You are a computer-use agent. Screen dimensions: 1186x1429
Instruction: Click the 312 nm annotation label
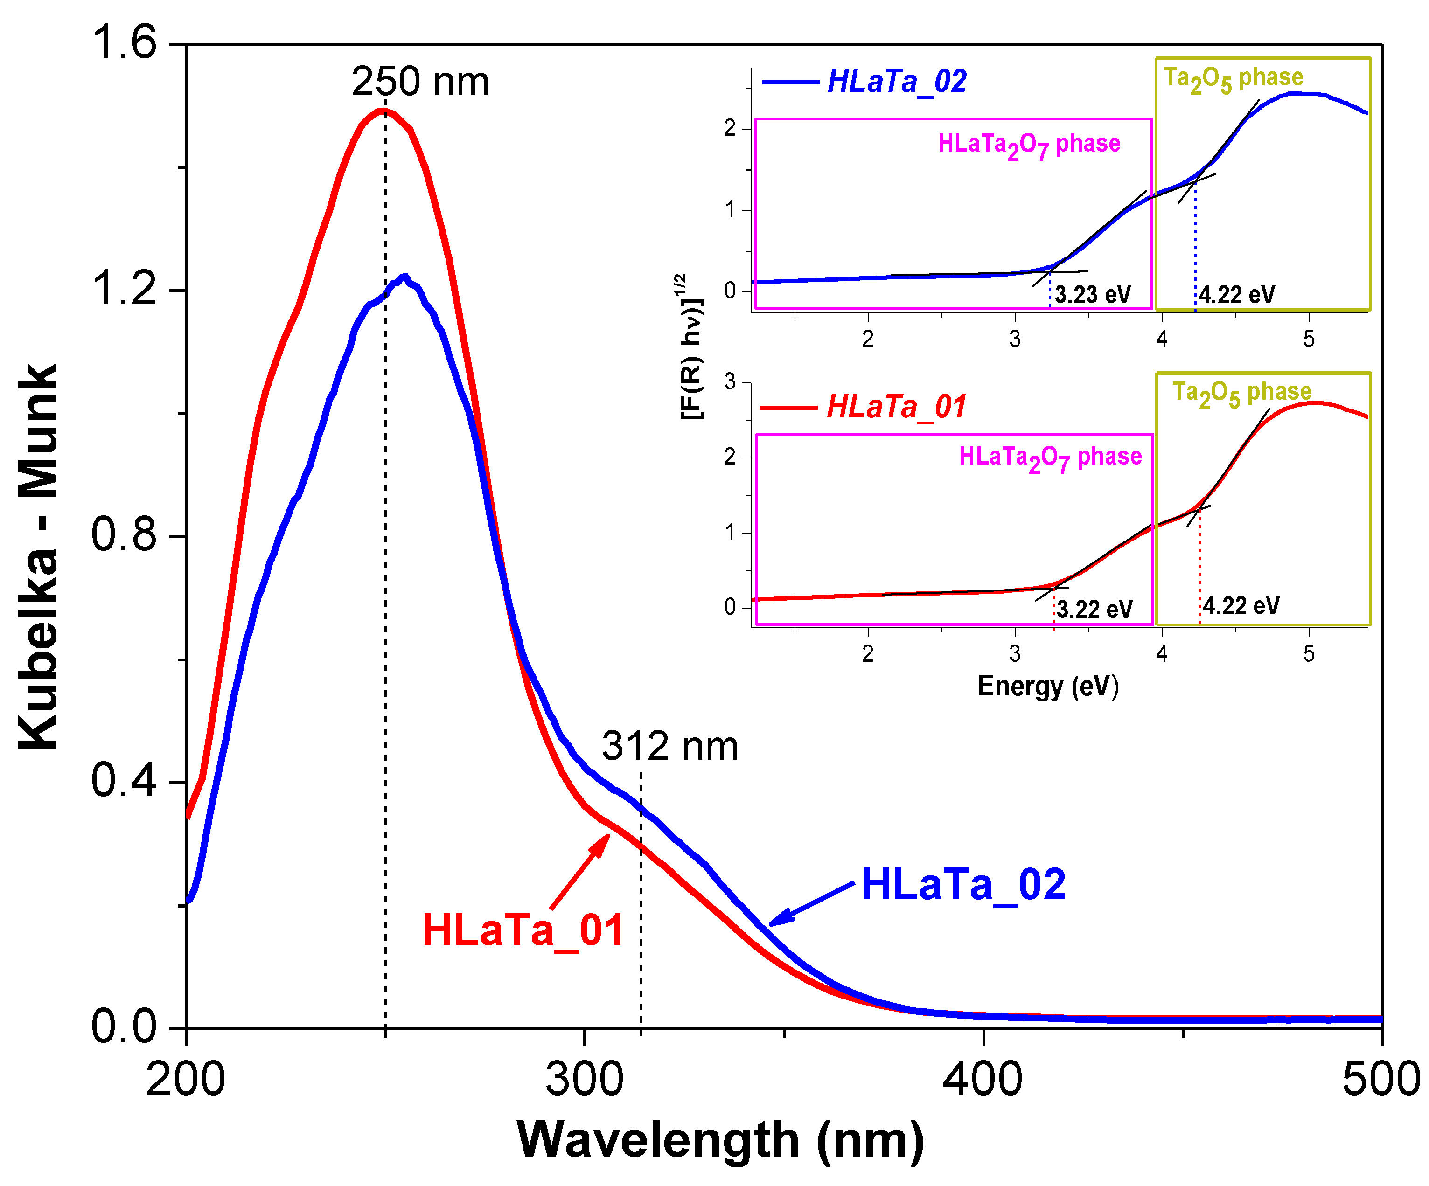point(669,746)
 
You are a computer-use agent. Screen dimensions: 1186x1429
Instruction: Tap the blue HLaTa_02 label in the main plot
point(963,885)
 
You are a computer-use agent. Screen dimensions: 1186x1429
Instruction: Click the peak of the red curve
point(384,111)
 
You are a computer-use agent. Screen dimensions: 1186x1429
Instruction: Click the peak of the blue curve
point(405,277)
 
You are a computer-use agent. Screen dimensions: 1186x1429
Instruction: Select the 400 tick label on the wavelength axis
point(982,1079)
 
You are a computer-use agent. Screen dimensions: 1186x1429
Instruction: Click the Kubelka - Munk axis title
point(38,556)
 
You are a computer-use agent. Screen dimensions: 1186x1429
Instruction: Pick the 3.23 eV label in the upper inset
point(1093,295)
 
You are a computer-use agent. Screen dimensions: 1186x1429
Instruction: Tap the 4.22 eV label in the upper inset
point(1236,295)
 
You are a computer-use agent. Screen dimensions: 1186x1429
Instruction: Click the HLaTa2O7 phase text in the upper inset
point(1029,144)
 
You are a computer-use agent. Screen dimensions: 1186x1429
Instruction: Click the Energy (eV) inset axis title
point(1047,686)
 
